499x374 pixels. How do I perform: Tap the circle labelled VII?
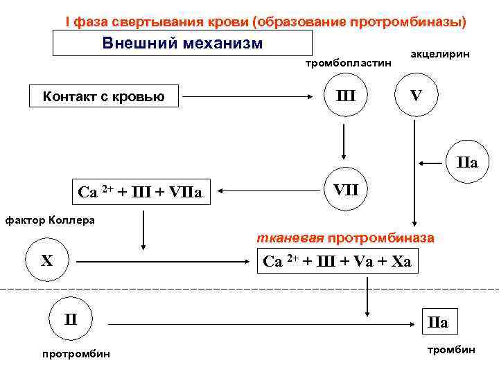pyautogui.click(x=345, y=188)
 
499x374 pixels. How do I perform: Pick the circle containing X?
pyautogui.click(x=46, y=262)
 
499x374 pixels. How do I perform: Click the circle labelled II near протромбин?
pyautogui.click(x=71, y=321)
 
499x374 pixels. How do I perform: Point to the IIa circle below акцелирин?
pyautogui.click(x=469, y=163)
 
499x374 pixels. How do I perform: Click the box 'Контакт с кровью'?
pyautogui.click(x=103, y=96)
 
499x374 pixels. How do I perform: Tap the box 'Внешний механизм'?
pyautogui.click(x=182, y=44)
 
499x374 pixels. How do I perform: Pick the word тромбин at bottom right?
pyautogui.click(x=451, y=350)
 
